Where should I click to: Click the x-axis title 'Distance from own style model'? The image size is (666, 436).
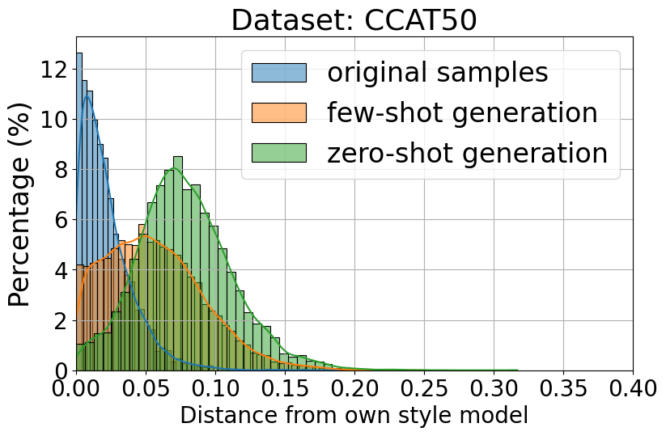pyautogui.click(x=354, y=416)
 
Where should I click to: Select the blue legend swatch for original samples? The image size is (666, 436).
pyautogui.click(x=278, y=73)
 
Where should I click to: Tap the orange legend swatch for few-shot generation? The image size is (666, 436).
pyautogui.click(x=278, y=113)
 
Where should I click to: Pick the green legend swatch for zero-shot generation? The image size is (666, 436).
pyautogui.click(x=278, y=153)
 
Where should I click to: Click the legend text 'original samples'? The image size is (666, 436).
pyautogui.click(x=437, y=73)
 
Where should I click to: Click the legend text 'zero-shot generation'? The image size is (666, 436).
pyautogui.click(x=467, y=153)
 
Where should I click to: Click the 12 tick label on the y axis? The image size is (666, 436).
pyautogui.click(x=55, y=69)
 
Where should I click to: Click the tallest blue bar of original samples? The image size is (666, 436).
pyautogui.click(x=79, y=210)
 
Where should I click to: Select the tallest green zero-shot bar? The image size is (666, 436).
pyautogui.click(x=178, y=263)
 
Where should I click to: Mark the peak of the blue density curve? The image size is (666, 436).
pyautogui.click(x=87, y=95)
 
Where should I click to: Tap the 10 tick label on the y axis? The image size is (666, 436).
pyautogui.click(x=55, y=120)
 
